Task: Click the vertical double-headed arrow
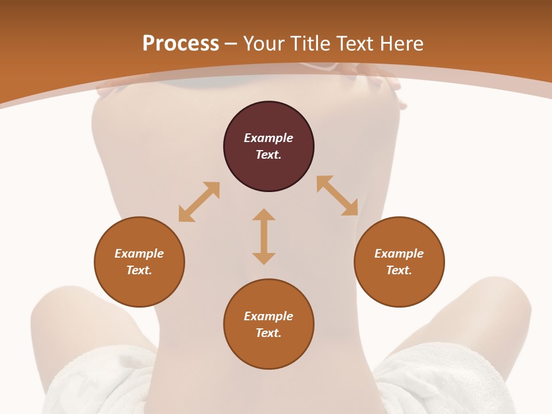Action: point(264,236)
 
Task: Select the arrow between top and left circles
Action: point(199,202)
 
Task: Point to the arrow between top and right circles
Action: point(337,195)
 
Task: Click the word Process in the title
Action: point(181,44)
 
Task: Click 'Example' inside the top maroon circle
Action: point(269,138)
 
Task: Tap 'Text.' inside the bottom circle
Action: point(269,333)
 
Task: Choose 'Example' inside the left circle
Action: point(139,254)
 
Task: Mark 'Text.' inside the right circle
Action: point(399,270)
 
